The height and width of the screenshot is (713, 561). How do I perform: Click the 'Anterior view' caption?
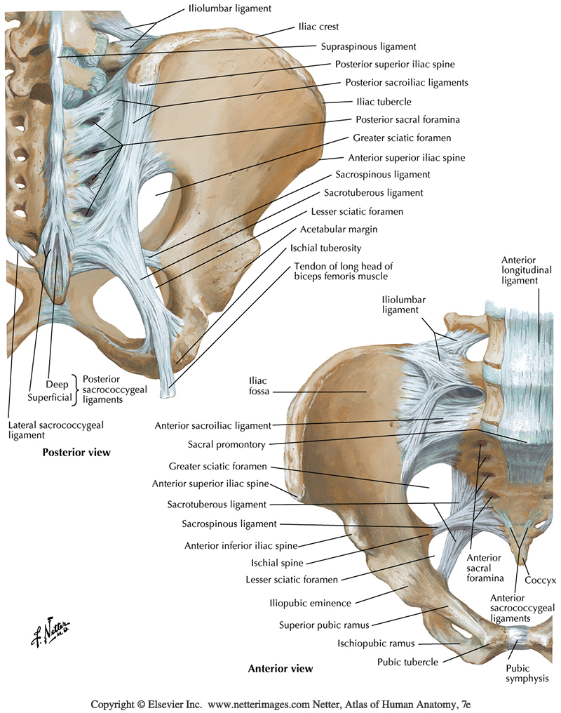click(280, 668)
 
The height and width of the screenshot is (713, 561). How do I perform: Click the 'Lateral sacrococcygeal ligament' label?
click(44, 429)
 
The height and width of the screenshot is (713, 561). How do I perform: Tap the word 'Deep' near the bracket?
click(59, 385)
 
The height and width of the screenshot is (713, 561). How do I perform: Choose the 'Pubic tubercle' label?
click(407, 661)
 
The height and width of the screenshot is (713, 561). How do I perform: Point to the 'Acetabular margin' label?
click(337, 229)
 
